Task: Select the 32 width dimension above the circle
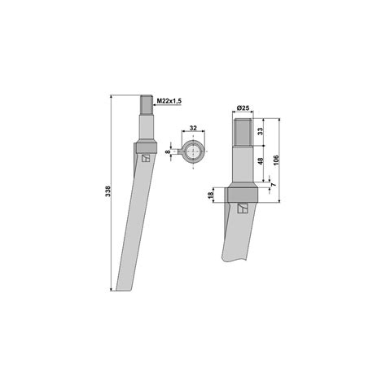click(x=193, y=128)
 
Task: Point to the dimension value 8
click(x=169, y=151)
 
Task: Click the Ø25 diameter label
click(x=243, y=107)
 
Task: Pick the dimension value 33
click(x=260, y=132)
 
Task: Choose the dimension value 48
click(x=261, y=161)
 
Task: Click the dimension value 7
click(x=274, y=185)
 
